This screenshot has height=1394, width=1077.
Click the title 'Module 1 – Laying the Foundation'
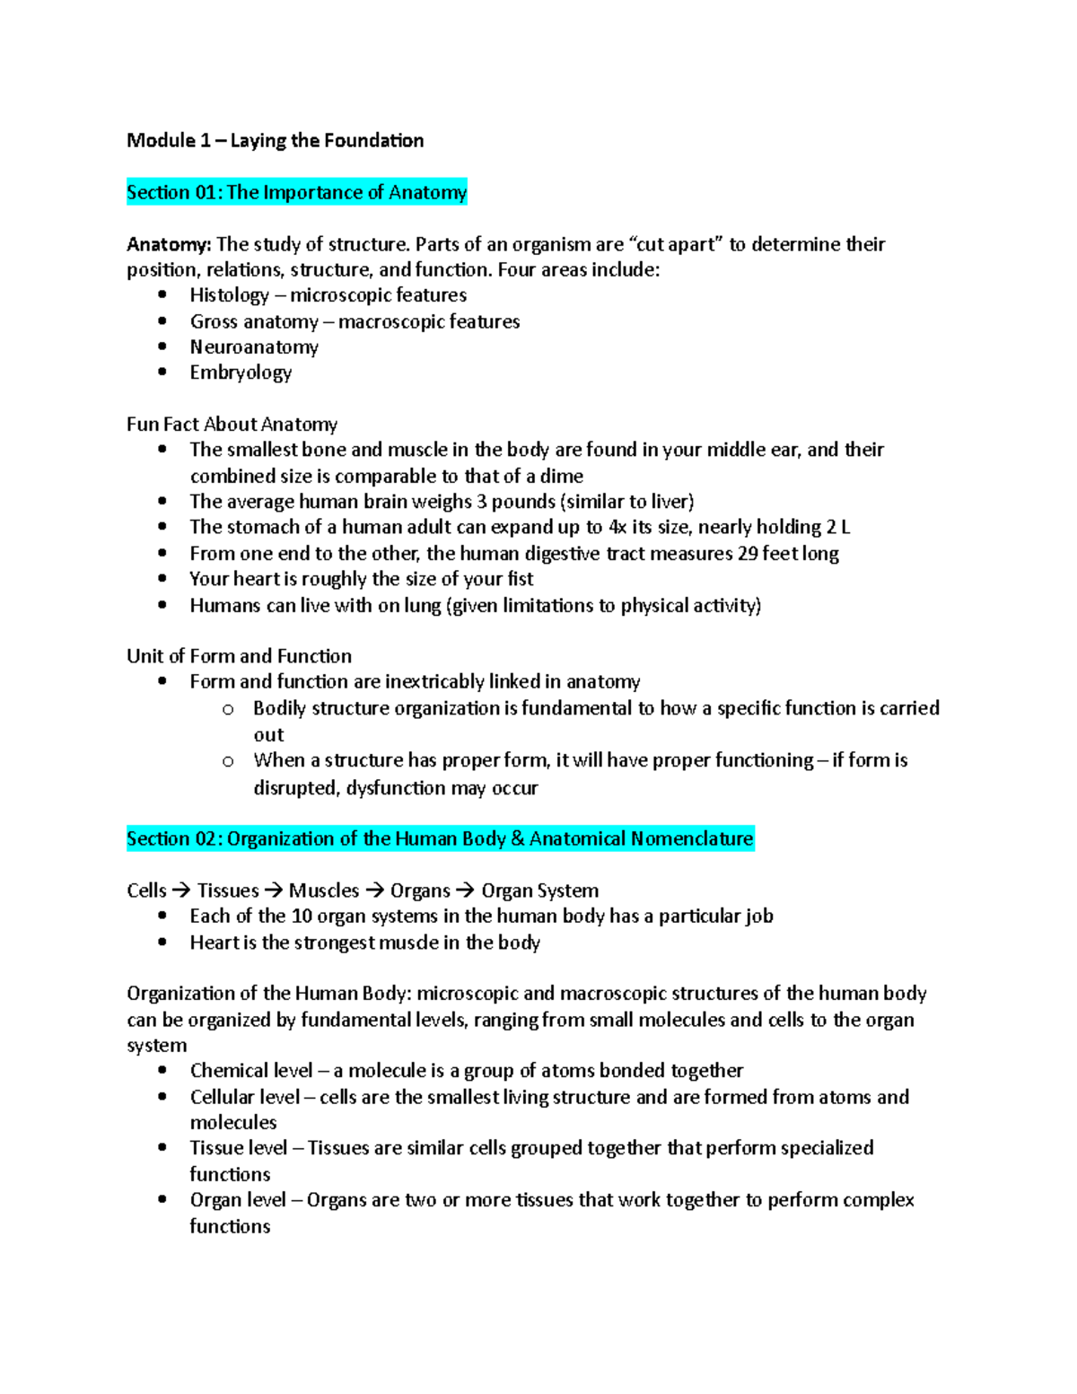[x=275, y=140]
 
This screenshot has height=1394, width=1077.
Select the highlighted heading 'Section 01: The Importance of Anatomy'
[x=296, y=192]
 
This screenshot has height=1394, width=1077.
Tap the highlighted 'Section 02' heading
[x=440, y=838]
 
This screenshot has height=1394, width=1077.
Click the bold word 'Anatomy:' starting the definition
[x=169, y=244]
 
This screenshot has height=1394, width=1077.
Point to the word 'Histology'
[x=229, y=295]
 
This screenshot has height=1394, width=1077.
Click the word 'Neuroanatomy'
[x=254, y=346]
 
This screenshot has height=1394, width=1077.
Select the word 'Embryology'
[x=241, y=373]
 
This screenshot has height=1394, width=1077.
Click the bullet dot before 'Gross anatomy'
[x=162, y=320]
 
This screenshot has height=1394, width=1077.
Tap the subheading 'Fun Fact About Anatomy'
[x=232, y=424]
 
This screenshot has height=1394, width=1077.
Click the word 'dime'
[x=562, y=476]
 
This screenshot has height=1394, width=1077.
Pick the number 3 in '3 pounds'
[x=482, y=501]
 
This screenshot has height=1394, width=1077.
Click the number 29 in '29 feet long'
[x=748, y=553]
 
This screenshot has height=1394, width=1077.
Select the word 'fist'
[x=521, y=579]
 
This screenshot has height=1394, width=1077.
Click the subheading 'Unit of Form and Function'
[x=239, y=655]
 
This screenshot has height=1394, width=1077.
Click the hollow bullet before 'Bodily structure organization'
[x=228, y=709]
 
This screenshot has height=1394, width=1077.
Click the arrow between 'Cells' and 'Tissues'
[x=181, y=890]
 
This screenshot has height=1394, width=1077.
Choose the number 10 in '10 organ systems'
[x=302, y=916]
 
